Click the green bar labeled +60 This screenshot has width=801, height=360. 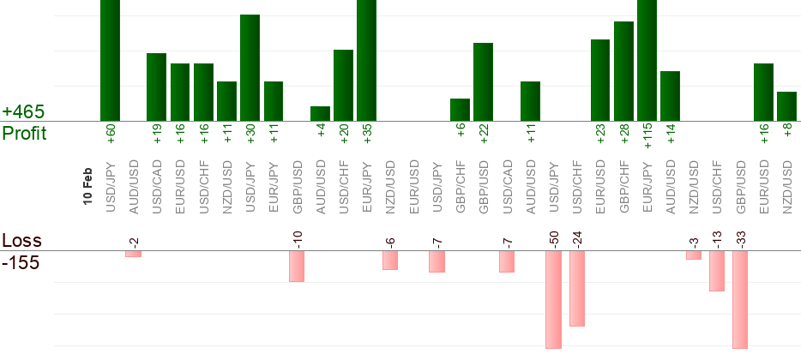[x=110, y=60]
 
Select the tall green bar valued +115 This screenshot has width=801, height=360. [x=647, y=60]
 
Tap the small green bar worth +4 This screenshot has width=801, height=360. [x=320, y=113]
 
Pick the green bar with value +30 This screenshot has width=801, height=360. [x=250, y=68]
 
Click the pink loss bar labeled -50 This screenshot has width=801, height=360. [x=553, y=299]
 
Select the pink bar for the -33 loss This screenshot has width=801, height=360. [x=740, y=299]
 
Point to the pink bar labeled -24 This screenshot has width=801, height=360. [x=576, y=288]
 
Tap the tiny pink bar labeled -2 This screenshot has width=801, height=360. [x=133, y=254]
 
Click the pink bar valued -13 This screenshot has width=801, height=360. [x=717, y=271]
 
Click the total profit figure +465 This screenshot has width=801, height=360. [x=23, y=111]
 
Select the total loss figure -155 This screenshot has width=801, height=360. [x=21, y=262]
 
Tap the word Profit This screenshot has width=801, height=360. [x=25, y=134]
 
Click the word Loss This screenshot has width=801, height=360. [x=21, y=241]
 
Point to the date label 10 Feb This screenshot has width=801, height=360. [x=87, y=185]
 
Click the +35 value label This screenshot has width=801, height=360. [x=367, y=135]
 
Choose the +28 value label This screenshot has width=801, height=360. [x=623, y=135]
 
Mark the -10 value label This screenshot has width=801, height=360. [x=297, y=237]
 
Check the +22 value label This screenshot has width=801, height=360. [x=484, y=135]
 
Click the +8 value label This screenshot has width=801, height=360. [x=787, y=132]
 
